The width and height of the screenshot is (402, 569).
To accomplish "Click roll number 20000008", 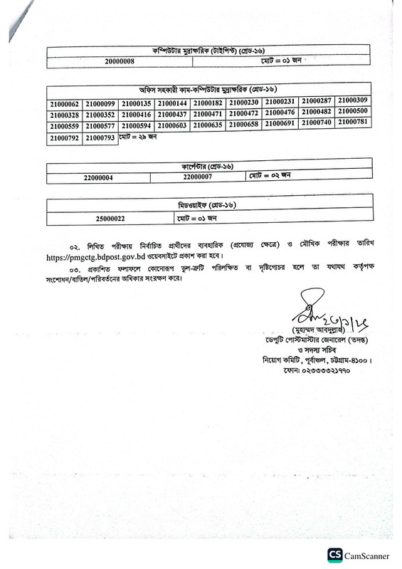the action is click(118, 63).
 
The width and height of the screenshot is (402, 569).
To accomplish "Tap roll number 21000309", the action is click(353, 101).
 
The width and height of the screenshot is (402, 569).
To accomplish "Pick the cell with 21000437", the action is click(173, 115).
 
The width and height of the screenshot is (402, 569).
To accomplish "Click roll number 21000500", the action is click(353, 113).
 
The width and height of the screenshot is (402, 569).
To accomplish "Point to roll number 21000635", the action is click(208, 126).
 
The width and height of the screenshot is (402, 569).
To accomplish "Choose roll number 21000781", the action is click(353, 124).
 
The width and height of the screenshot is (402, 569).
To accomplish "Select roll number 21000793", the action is click(100, 138).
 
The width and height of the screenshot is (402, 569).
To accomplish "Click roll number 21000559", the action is click(65, 127).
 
